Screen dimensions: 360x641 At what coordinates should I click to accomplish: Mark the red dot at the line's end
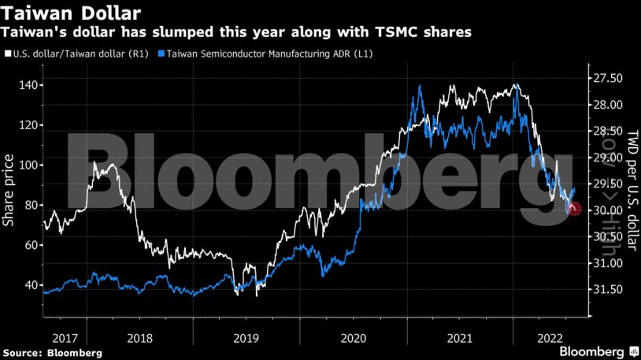574,209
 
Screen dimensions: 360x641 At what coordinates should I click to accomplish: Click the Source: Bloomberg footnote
52,352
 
